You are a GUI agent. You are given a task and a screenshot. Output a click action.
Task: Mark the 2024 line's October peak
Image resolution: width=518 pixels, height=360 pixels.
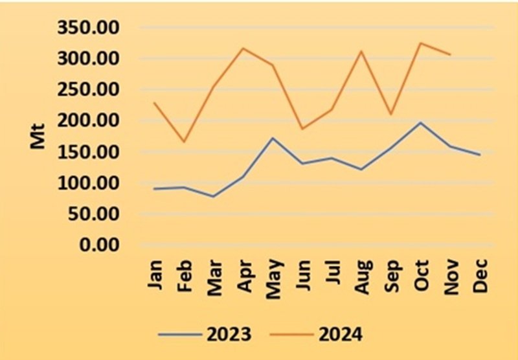pyautogui.click(x=421, y=43)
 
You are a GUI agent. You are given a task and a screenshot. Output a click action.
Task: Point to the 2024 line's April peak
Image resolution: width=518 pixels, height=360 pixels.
pyautogui.click(x=243, y=48)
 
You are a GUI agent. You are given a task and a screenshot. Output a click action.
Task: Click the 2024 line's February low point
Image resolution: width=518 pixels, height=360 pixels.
pyautogui.click(x=184, y=141)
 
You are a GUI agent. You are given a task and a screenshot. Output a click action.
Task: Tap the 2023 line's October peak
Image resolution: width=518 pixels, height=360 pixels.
pyautogui.click(x=421, y=122)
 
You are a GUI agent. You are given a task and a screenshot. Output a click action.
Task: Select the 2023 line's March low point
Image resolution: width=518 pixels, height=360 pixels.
pyautogui.click(x=214, y=196)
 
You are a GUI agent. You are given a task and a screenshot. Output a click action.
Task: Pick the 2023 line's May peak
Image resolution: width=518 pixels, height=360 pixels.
pyautogui.click(x=273, y=138)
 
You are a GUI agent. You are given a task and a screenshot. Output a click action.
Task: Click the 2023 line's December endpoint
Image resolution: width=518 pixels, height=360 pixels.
pyautogui.click(x=480, y=155)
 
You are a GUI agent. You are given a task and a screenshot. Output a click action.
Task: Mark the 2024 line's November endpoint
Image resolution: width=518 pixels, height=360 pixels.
pyautogui.click(x=450, y=54)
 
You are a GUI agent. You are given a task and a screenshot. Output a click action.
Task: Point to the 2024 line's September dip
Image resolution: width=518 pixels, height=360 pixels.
pyautogui.click(x=391, y=115)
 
